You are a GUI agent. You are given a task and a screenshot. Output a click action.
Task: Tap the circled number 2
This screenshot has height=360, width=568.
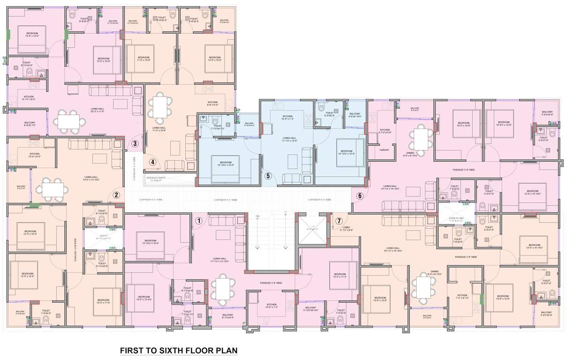[x=117, y=195]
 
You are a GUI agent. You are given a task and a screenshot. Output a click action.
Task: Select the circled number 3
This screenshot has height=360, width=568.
[x=135, y=144]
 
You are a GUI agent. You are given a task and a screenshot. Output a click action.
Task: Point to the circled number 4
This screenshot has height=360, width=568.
[x=152, y=162]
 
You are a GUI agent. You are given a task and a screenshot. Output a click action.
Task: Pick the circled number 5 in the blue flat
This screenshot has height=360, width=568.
[x=268, y=176]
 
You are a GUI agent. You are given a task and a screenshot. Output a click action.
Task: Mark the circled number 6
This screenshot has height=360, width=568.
[x=360, y=196]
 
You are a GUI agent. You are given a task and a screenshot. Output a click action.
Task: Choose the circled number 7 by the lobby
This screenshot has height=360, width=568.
[x=339, y=220]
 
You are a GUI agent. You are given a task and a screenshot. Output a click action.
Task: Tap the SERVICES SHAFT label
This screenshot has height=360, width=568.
[x=159, y=178]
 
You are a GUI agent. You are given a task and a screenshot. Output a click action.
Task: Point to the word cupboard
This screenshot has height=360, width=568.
[x=384, y=150]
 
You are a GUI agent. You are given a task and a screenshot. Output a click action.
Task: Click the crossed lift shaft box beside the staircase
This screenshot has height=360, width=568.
[x=312, y=229]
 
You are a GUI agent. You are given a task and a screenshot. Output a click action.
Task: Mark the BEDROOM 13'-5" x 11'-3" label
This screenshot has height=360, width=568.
[x=340, y=276]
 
